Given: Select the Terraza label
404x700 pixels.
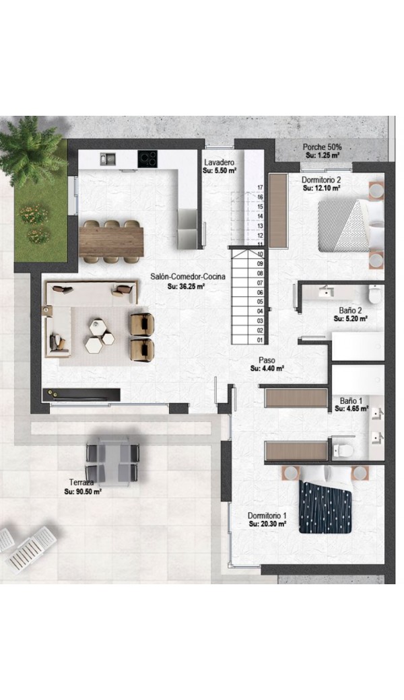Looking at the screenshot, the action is click(x=81, y=483).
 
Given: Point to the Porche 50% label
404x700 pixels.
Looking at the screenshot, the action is click(x=322, y=147).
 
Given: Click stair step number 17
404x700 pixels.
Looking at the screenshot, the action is click(x=261, y=188).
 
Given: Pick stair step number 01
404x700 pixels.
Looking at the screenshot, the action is click(x=261, y=340).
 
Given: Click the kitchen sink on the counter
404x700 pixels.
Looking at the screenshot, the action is click(x=108, y=158).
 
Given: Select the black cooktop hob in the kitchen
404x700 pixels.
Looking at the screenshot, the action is click(x=147, y=158).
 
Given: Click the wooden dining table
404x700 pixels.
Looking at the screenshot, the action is click(x=111, y=242).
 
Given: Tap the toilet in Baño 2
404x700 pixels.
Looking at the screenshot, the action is click(x=374, y=294).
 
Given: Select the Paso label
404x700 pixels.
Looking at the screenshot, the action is click(x=267, y=360).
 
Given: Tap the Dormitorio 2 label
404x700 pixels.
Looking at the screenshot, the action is click(x=321, y=180).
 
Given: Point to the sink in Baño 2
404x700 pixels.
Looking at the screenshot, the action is click(x=327, y=292).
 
